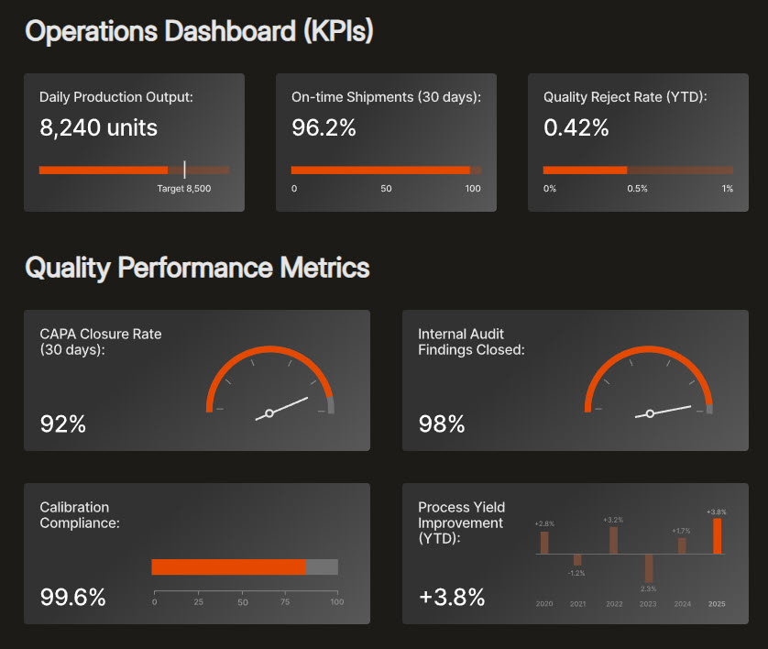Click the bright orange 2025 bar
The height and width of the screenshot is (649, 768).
[718, 536]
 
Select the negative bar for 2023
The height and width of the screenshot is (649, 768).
[648, 567]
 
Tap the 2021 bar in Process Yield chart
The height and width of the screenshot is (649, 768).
[577, 559]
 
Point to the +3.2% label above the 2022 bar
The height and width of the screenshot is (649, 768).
[613, 520]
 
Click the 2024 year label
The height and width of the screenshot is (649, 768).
[682, 604]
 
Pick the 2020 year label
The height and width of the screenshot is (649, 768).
[544, 604]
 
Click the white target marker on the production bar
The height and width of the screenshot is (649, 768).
[184, 170]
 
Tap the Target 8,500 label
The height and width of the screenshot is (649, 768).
[184, 189]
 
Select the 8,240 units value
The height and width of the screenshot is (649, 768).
[98, 128]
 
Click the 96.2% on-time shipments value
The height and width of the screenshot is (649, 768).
[324, 128]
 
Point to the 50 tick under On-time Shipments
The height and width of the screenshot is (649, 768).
[386, 189]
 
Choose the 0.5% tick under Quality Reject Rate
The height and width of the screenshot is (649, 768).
[637, 189]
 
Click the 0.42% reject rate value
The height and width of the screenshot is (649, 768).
[576, 128]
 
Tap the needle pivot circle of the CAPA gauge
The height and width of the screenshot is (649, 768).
[269, 413]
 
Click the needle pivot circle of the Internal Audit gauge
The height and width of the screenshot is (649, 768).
[650, 413]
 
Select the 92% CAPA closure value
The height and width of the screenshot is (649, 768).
[62, 424]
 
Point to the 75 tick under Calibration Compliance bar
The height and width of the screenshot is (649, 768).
[290, 602]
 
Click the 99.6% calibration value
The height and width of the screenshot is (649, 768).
[73, 598]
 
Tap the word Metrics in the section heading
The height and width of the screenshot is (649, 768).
[324, 268]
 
